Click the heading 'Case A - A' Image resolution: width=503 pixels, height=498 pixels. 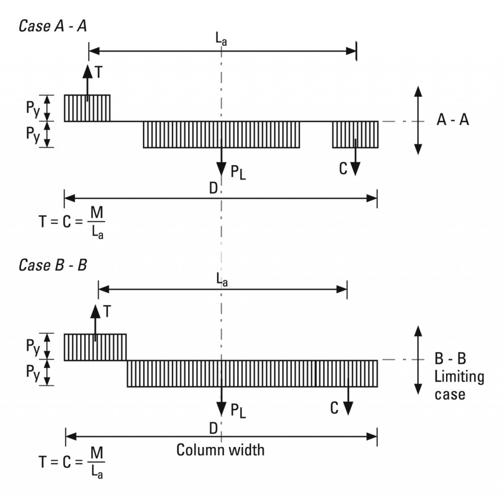click(53, 26)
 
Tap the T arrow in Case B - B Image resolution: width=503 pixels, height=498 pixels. click(95, 321)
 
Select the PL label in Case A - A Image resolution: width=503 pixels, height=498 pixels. click(238, 171)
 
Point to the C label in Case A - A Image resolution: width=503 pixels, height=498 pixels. click(343, 168)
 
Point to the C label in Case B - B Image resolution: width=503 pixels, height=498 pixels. click(335, 408)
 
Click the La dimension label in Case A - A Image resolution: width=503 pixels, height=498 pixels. click(222, 41)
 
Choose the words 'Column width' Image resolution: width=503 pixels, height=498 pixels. click(220, 449)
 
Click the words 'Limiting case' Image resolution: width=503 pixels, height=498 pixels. click(459, 385)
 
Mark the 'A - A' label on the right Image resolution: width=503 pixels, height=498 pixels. click(452, 120)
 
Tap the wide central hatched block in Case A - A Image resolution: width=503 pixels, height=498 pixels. click(221, 134)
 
